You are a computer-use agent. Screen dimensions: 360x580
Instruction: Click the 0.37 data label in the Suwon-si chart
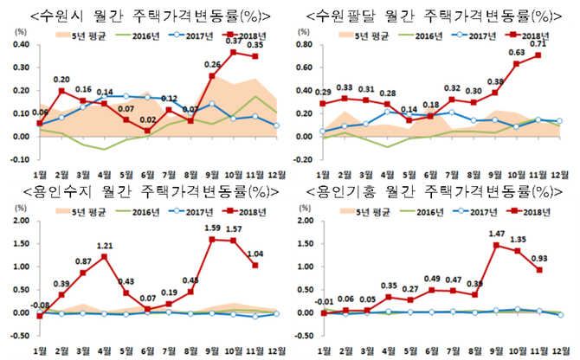coord(234,42)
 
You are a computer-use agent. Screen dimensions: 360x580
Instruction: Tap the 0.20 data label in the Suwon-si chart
coord(62,80)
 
